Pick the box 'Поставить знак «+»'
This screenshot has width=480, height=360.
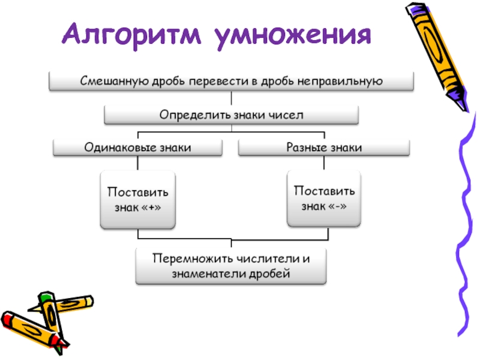pos(137,199)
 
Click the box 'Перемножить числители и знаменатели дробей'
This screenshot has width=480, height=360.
pos(231,266)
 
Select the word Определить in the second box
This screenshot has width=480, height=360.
pos(186,114)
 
